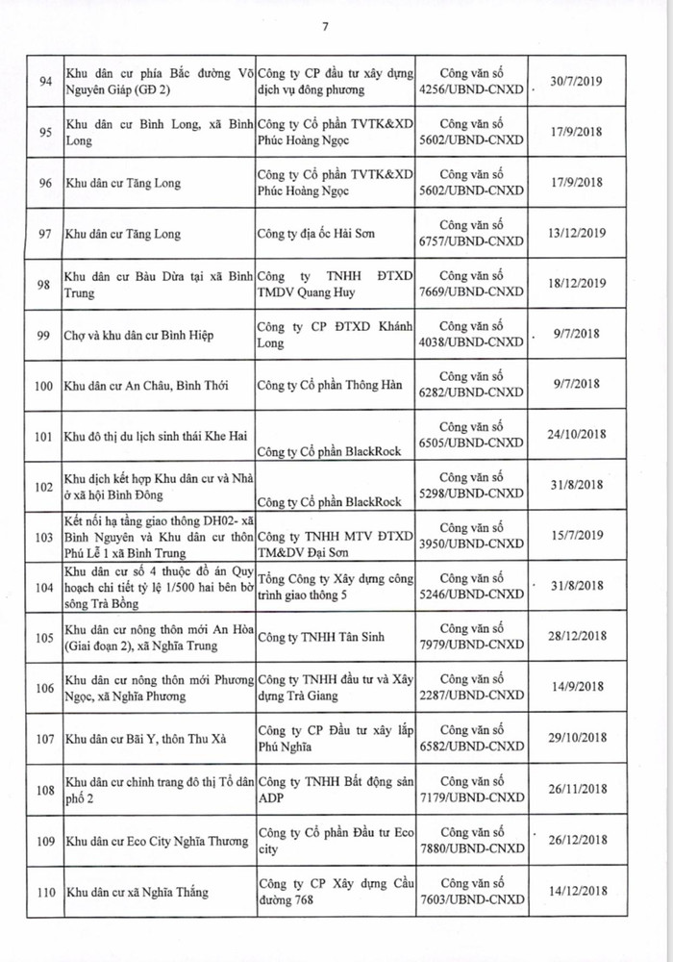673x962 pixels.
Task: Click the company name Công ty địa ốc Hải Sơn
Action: (314, 234)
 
